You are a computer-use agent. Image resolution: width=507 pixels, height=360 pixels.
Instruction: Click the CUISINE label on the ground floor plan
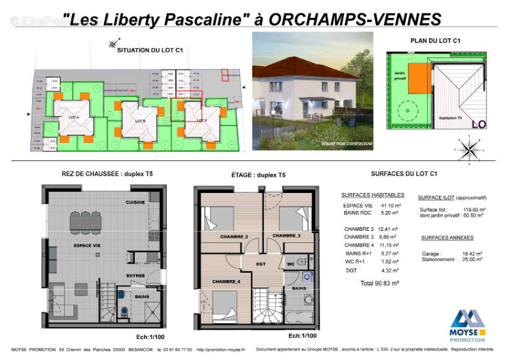click(135, 202)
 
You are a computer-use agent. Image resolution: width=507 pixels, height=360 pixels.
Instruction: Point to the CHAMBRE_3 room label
click(286, 236)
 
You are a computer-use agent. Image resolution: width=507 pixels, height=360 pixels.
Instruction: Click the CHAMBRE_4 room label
click(227, 281)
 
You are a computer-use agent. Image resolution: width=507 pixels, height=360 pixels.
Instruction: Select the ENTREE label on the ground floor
click(135, 276)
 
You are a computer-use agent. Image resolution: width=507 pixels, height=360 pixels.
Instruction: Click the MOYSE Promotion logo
click(467, 325)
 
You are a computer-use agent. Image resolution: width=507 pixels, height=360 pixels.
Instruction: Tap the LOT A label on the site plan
click(74, 116)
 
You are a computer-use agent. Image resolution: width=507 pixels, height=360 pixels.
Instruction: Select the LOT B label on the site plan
click(139, 121)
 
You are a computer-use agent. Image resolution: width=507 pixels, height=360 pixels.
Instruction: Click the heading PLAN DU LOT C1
click(435, 41)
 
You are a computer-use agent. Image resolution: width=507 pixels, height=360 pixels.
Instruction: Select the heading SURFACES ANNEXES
click(447, 238)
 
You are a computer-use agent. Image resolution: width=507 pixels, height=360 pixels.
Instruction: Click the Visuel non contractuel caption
click(346, 144)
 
